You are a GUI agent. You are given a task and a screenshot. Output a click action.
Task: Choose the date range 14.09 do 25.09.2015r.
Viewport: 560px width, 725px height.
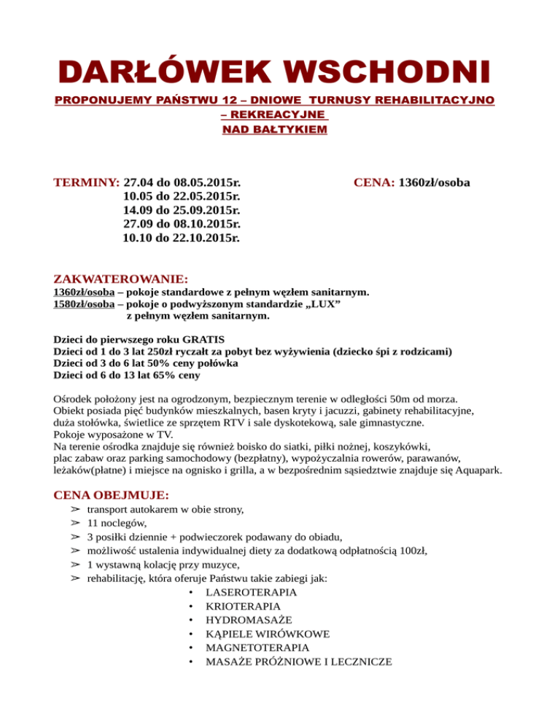pyautogui.click(x=183, y=210)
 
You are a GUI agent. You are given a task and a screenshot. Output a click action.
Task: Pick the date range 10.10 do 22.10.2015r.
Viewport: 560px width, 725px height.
pyautogui.click(x=183, y=238)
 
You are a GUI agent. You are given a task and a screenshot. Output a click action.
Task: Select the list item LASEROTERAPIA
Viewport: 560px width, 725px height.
pyautogui.click(x=251, y=592)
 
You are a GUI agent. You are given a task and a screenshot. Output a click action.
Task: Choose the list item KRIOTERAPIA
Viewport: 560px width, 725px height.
pyautogui.click(x=243, y=606)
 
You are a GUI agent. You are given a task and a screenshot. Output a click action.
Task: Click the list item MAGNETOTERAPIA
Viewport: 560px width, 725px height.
pyautogui.click(x=257, y=648)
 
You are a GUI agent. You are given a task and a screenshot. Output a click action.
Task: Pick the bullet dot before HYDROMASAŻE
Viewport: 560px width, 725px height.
pyautogui.click(x=190, y=620)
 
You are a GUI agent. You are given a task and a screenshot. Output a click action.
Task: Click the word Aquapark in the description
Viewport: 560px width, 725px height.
pyautogui.click(x=479, y=471)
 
